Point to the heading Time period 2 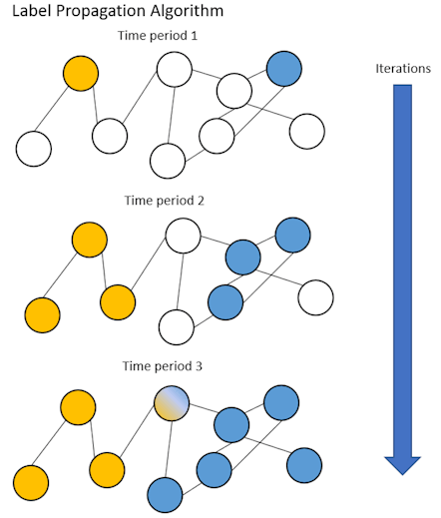(164, 201)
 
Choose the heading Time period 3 (164, 366)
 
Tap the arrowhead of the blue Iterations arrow (401, 464)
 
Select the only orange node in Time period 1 (80, 73)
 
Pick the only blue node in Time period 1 (284, 69)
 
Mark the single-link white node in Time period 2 (315, 296)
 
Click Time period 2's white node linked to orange (183, 237)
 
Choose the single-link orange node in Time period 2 (41, 312)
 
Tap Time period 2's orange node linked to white (118, 300)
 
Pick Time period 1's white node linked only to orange (33, 149)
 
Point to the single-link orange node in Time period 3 (31, 480)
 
